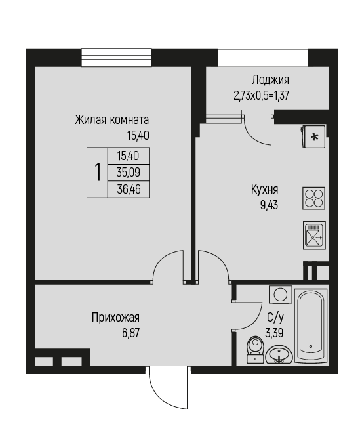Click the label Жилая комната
112,120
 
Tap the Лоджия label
270,80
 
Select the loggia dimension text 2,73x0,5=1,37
261,96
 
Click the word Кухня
265,190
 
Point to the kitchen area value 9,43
269,205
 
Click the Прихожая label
115,318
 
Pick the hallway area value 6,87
130,333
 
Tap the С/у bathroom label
275,318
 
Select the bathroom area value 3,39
274,333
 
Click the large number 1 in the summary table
98,173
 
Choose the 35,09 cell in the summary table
129,173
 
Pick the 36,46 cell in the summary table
129,190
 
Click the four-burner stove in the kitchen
314,199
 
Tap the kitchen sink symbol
314,236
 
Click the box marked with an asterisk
313,136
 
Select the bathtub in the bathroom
311,326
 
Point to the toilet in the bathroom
255,349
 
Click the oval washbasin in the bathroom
279,354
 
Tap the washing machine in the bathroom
280,294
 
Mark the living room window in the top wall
116,57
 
